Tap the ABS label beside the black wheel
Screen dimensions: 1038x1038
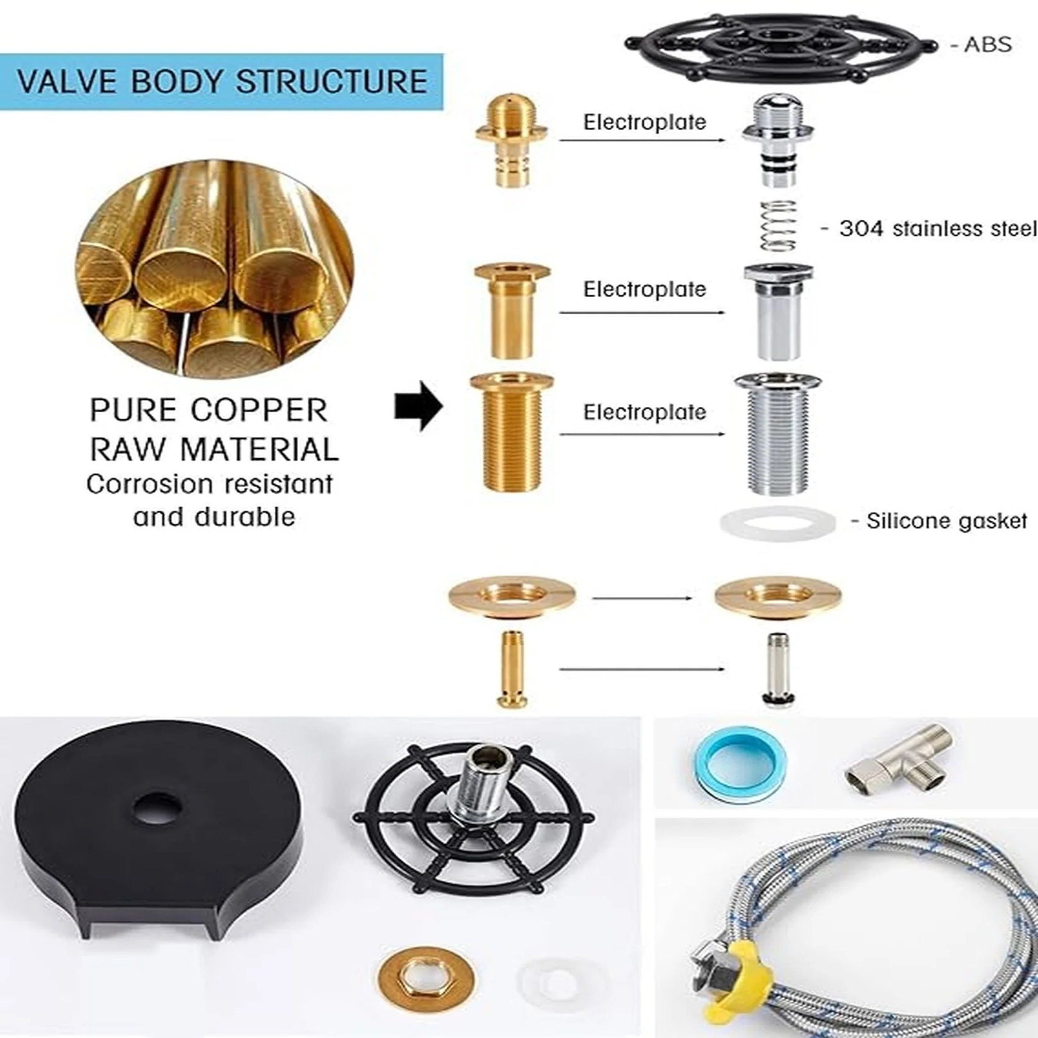coord(987,45)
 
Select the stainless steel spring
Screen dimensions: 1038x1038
coord(779,225)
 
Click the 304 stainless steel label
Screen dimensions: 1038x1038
coord(937,229)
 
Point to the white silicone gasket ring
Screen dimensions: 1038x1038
coord(777,521)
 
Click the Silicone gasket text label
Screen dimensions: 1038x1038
coord(946,521)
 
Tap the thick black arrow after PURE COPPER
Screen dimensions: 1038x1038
coord(419,406)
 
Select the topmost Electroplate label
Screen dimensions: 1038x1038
coord(644,123)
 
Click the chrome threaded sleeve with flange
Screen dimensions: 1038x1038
coord(777,433)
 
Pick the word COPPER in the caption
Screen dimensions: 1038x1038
coord(259,411)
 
